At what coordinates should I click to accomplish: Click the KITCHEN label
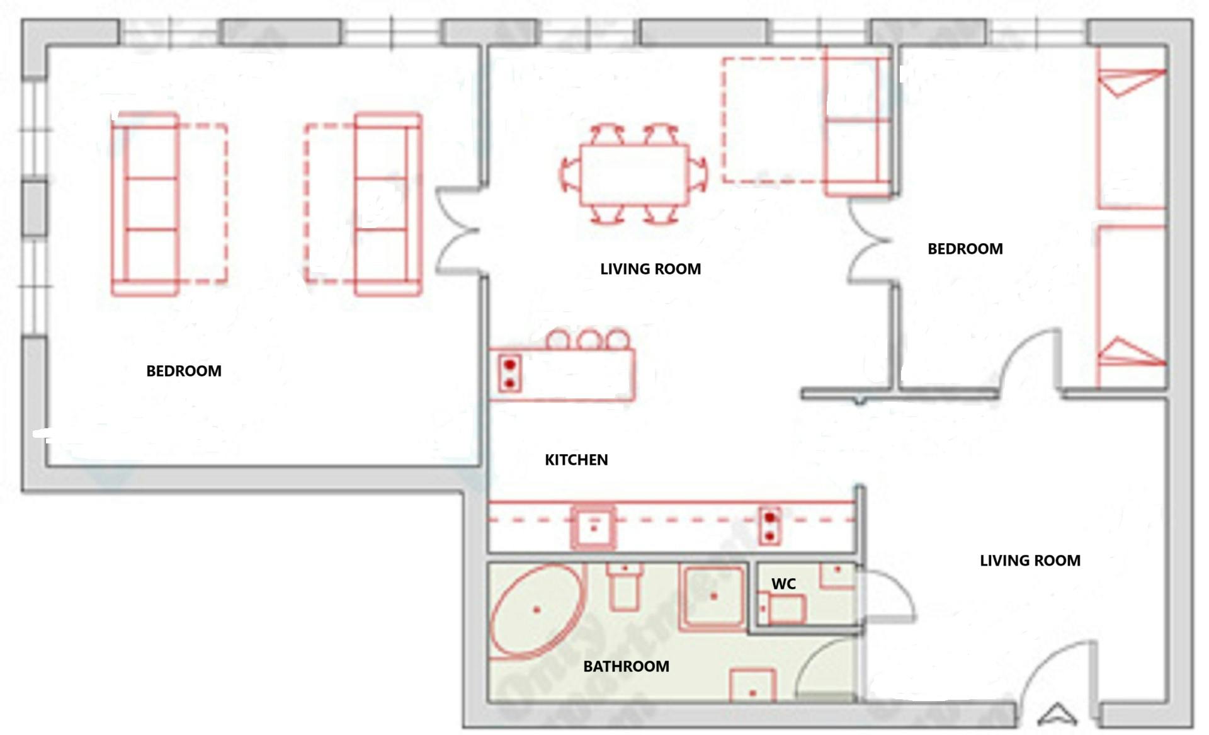[576, 460]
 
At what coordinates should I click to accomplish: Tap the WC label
[783, 584]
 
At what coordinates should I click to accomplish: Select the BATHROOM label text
[626, 666]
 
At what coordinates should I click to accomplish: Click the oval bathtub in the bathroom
[536, 611]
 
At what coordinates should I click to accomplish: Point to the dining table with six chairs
[633, 174]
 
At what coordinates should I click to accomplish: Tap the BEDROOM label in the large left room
[184, 371]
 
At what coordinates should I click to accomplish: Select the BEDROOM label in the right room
[965, 249]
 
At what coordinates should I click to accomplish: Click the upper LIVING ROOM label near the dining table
[650, 269]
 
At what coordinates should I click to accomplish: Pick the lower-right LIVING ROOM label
[1030, 561]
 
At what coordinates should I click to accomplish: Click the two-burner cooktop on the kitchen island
[509, 373]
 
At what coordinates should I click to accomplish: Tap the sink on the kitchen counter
[593, 528]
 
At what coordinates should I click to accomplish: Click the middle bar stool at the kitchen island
[589, 340]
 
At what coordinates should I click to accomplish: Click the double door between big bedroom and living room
[458, 232]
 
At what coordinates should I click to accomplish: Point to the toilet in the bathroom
[624, 586]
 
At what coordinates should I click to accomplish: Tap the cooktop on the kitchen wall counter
[769, 527]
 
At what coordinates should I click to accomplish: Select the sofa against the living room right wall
[856, 126]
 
